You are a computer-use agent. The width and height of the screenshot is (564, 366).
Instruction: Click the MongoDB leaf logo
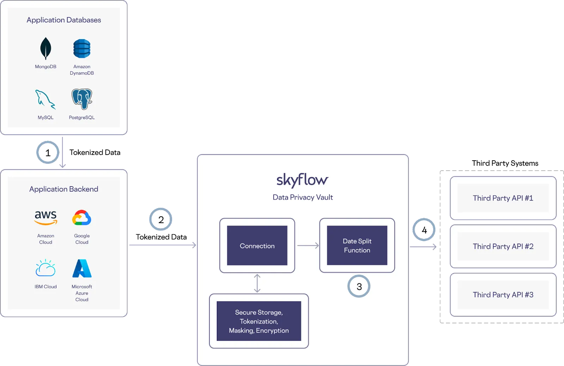45,48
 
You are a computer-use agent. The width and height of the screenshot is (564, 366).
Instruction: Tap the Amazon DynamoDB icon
82,48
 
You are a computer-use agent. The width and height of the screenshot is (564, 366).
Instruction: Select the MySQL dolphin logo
45,99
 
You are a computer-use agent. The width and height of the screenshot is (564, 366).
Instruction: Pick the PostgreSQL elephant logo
82,99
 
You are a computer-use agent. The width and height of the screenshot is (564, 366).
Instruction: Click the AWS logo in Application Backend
45,217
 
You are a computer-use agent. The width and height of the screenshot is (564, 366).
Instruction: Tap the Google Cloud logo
82,218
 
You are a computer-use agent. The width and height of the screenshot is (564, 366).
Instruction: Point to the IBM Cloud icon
45,268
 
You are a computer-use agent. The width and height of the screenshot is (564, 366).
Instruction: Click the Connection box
257,246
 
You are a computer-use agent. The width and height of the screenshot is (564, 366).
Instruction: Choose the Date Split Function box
357,246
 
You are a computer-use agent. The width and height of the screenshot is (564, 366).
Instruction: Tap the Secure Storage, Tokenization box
259,321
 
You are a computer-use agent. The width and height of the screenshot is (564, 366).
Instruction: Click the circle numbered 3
359,286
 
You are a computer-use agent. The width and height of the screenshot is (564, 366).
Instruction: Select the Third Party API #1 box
503,198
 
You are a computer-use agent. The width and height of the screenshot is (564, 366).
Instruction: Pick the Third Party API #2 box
503,246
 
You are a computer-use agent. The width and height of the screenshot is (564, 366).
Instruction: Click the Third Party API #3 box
503,295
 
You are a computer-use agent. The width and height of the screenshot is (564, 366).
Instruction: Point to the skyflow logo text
302,180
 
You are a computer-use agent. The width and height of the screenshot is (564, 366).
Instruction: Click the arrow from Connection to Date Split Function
308,246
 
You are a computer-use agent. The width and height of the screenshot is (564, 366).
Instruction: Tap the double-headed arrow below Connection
257,283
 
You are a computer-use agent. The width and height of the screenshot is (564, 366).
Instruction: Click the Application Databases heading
64,20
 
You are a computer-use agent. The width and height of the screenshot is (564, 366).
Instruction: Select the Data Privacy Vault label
303,197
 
